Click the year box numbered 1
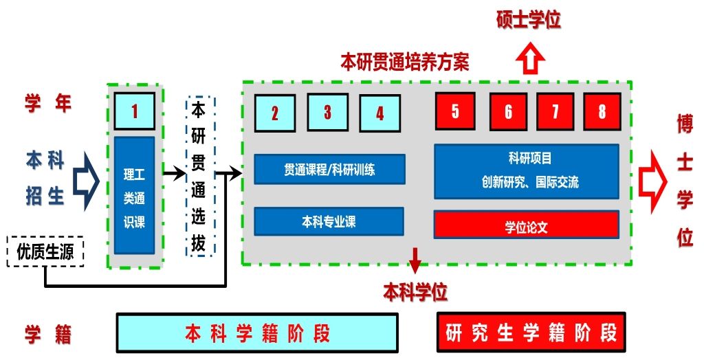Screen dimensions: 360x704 pos(135,111)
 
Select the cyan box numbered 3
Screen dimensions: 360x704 pos(327,112)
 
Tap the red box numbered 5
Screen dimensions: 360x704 pos(454,111)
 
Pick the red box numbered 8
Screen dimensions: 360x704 pos(602,111)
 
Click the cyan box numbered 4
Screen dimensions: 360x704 pos(379,113)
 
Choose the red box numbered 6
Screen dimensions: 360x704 pos(508,111)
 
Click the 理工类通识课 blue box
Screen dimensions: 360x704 pos(134,194)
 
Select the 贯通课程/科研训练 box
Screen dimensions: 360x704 pos(329,169)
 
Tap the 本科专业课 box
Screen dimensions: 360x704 pos(329,221)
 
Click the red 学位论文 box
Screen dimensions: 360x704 pos(526,225)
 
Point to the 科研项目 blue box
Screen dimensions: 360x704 pos(526,171)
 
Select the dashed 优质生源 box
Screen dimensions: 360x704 pos(45,251)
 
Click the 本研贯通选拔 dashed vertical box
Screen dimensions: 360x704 pos(200,177)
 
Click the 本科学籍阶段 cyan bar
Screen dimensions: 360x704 pos(257,333)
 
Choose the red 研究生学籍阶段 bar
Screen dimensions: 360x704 pos(531,333)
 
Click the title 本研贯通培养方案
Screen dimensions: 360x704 pos(405,63)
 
